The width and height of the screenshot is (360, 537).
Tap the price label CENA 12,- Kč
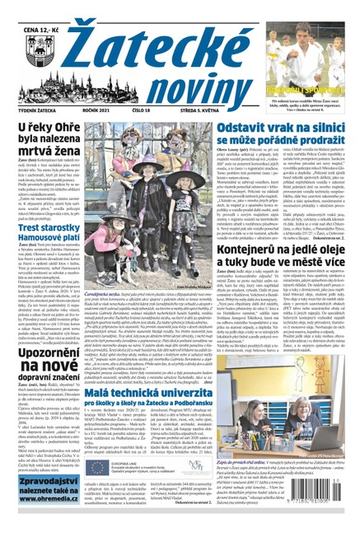[33, 9]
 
